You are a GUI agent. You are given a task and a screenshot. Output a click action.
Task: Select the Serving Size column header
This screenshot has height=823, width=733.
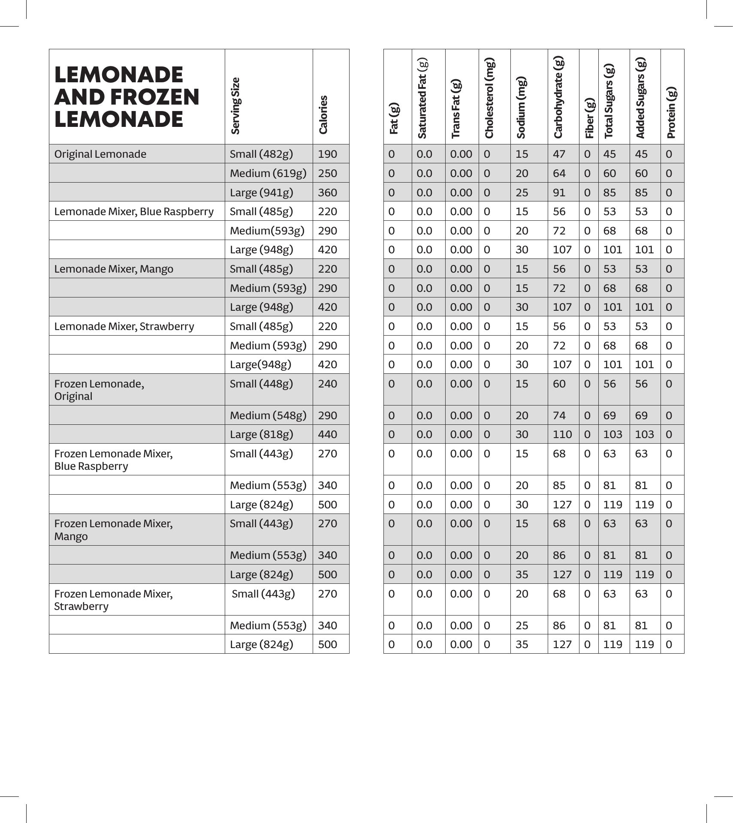(x=235, y=105)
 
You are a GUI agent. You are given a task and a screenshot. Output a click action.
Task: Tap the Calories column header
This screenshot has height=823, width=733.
(x=323, y=114)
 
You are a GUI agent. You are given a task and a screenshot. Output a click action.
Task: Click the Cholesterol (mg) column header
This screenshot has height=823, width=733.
(x=489, y=98)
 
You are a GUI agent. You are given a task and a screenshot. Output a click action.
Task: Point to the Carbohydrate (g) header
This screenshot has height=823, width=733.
(x=558, y=97)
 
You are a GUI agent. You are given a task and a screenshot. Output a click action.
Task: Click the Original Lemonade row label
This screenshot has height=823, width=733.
(x=100, y=154)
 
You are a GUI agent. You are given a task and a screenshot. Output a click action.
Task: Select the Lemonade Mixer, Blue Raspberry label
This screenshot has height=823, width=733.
(x=134, y=211)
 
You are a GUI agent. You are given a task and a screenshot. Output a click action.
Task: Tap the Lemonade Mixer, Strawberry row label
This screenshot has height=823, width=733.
(x=124, y=326)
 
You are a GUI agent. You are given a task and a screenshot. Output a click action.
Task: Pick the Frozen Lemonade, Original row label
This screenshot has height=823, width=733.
(x=99, y=390)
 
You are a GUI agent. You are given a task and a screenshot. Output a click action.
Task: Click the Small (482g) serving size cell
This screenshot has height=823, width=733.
(x=261, y=154)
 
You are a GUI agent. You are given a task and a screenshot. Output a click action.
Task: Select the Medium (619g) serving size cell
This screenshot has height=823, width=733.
(x=268, y=173)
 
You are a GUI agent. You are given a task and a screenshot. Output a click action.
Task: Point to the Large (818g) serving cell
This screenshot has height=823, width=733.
(x=261, y=434)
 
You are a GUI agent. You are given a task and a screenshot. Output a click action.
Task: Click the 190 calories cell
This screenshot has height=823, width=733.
(x=327, y=154)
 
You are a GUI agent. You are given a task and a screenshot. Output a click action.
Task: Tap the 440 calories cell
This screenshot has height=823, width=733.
(x=327, y=434)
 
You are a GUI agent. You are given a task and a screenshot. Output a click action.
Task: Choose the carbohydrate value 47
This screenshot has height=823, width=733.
(x=559, y=154)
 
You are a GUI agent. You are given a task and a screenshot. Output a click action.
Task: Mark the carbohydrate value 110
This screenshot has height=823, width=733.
(x=562, y=434)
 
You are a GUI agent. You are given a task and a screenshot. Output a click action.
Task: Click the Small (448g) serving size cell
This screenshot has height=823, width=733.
(x=261, y=384)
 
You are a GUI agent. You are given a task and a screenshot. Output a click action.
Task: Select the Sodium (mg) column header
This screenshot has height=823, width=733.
(x=521, y=108)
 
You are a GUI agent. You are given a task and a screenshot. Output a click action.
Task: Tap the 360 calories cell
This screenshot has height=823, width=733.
(x=327, y=192)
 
